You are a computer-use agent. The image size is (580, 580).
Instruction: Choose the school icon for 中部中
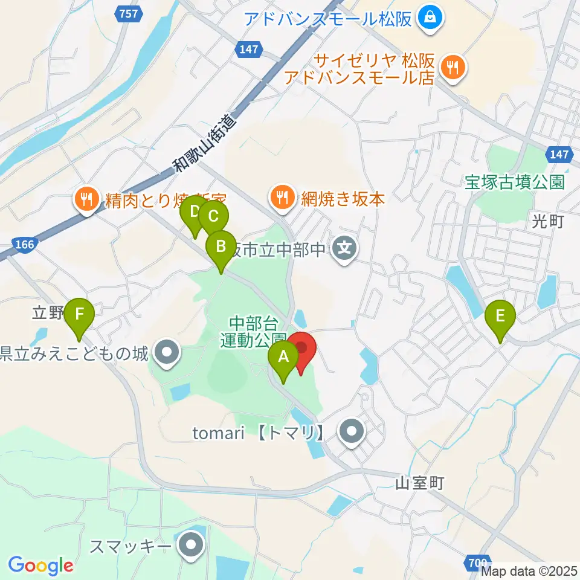click(x=344, y=247)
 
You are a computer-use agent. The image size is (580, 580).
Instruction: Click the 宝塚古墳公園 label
click(x=514, y=182)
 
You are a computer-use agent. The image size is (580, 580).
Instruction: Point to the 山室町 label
click(x=420, y=483)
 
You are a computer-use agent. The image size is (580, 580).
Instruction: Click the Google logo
click(x=40, y=565)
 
